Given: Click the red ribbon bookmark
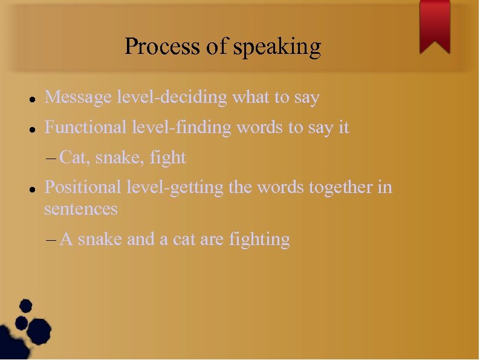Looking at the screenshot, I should (x=435, y=25).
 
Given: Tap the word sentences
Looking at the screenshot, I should (x=80, y=209).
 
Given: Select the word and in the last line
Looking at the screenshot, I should (x=140, y=240).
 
